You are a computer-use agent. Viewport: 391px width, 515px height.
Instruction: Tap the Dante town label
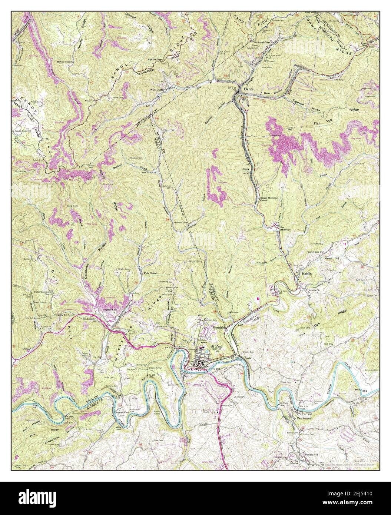click(x=248, y=89)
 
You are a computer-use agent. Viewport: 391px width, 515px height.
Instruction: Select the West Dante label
click(x=157, y=90)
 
